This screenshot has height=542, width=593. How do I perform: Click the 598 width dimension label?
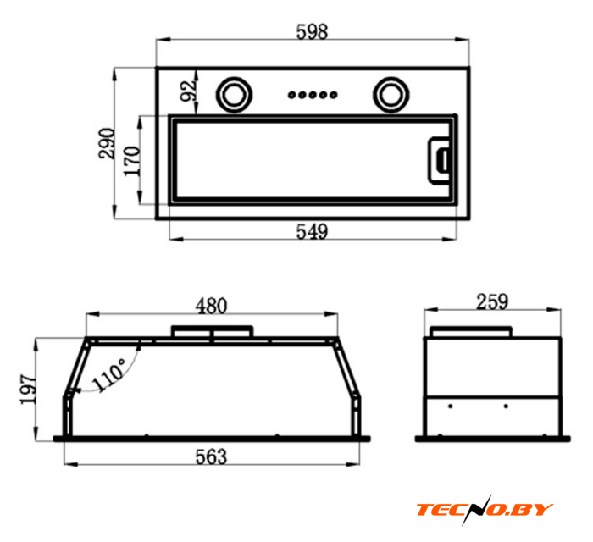(312, 31)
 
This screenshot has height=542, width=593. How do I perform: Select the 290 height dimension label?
(106, 143)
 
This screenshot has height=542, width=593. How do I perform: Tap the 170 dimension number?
(132, 161)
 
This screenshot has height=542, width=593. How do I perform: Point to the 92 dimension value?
(189, 91)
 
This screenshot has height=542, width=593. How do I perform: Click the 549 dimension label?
(312, 231)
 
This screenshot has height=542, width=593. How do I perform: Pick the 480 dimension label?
(212, 306)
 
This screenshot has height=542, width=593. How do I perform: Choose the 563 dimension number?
(212, 456)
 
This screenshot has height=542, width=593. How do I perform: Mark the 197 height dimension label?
(28, 390)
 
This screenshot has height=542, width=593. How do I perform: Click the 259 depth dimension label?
(492, 301)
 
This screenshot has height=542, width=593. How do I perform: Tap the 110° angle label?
(109, 374)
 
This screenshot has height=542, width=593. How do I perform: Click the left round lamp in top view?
(234, 95)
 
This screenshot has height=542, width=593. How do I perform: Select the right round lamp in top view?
(391, 95)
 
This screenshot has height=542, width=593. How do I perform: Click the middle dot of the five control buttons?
(313, 95)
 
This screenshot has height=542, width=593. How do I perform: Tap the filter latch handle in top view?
(439, 160)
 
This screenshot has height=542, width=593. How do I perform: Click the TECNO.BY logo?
(485, 509)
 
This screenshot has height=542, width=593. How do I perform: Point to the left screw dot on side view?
(450, 406)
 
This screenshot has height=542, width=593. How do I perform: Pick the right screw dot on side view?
(506, 406)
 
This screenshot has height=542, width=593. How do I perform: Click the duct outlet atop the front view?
(212, 331)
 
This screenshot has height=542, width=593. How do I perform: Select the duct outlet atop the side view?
(471, 332)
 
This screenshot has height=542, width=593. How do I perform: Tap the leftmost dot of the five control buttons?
(291, 95)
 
